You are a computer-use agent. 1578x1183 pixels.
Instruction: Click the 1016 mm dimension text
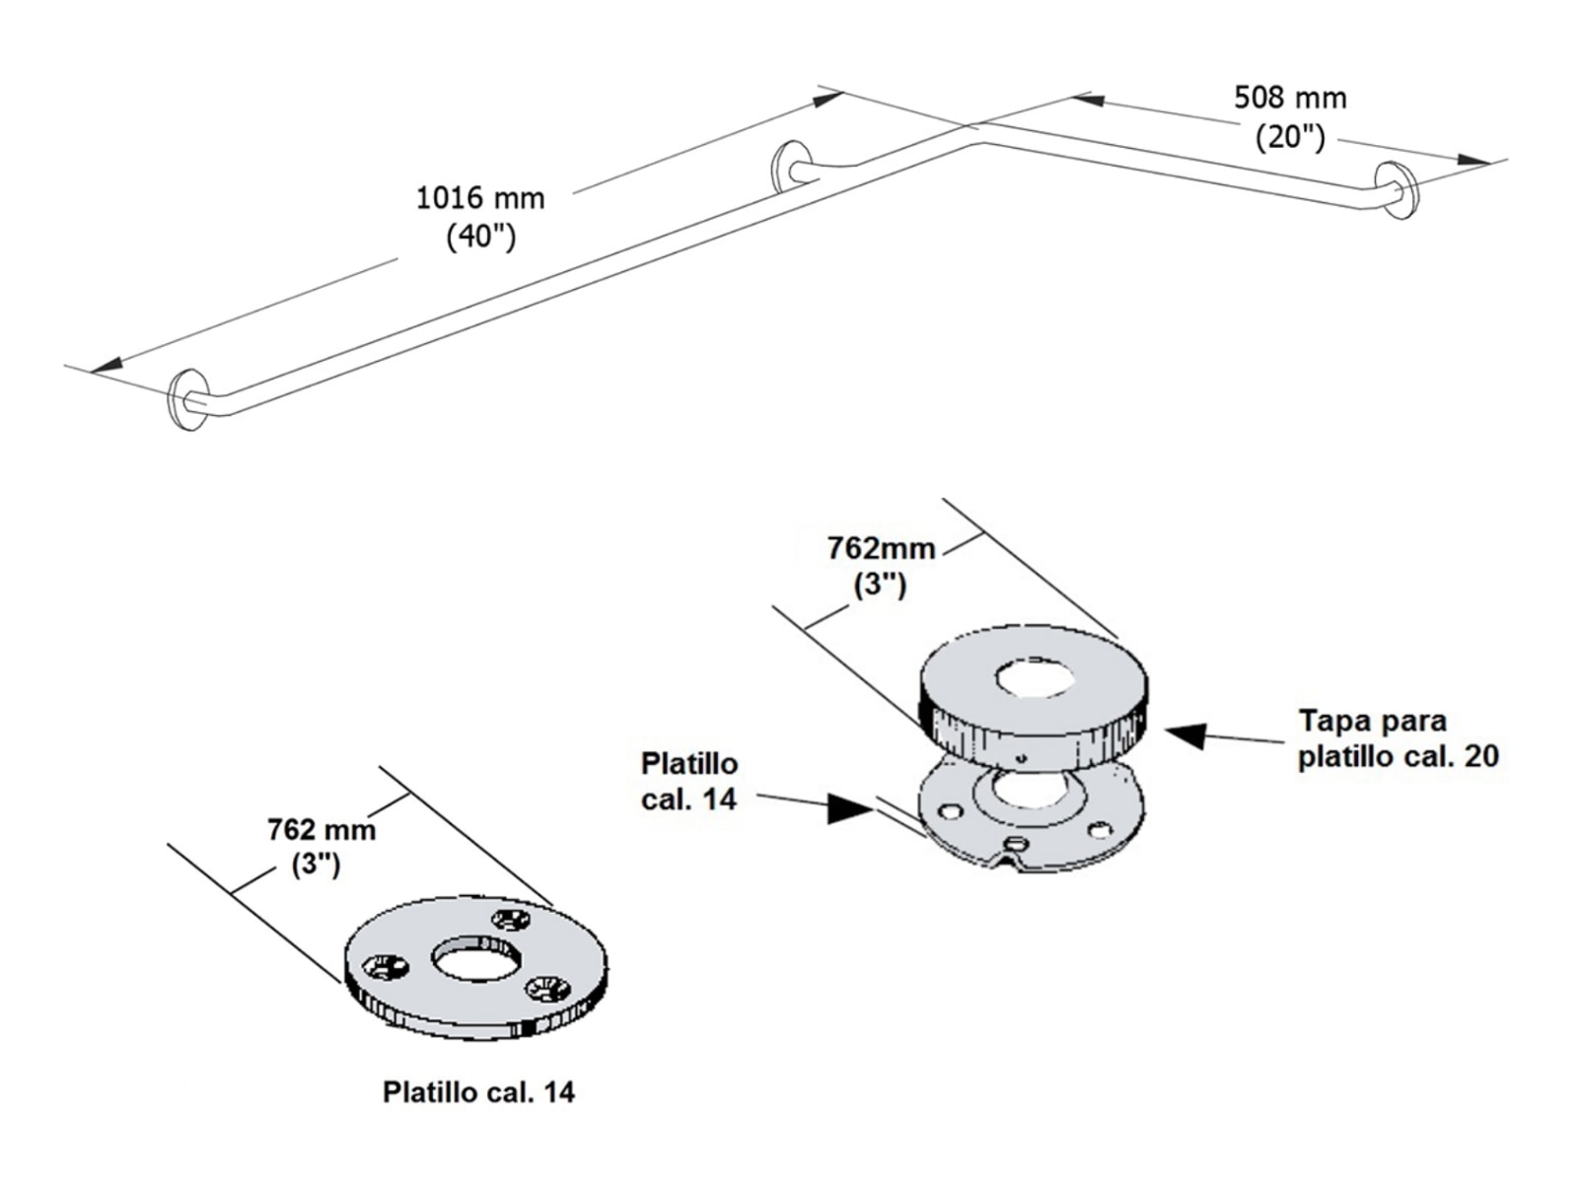tap(479, 198)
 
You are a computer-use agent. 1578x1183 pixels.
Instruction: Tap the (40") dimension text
tap(480, 238)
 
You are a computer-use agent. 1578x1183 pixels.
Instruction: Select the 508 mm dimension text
tap(1290, 98)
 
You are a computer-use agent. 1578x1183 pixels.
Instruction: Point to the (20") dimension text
tap(1289, 137)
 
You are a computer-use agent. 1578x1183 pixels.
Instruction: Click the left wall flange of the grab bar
tap(184, 400)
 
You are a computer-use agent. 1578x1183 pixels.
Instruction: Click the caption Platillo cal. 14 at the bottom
tap(478, 1092)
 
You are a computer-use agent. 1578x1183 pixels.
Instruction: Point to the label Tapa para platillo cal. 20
tap(1398, 738)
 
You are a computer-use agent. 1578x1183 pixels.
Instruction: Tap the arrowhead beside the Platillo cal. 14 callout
tap(850, 808)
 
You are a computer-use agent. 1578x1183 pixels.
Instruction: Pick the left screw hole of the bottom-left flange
tap(385, 967)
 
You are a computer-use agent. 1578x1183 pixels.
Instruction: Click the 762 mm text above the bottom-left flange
tap(322, 830)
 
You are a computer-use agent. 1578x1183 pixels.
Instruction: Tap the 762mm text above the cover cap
tap(881, 548)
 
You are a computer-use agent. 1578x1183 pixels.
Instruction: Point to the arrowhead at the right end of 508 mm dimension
tap(1473, 159)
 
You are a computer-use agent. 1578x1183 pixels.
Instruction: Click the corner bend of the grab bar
tap(976, 146)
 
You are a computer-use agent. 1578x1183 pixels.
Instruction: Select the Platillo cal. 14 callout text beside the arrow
tap(688, 781)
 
